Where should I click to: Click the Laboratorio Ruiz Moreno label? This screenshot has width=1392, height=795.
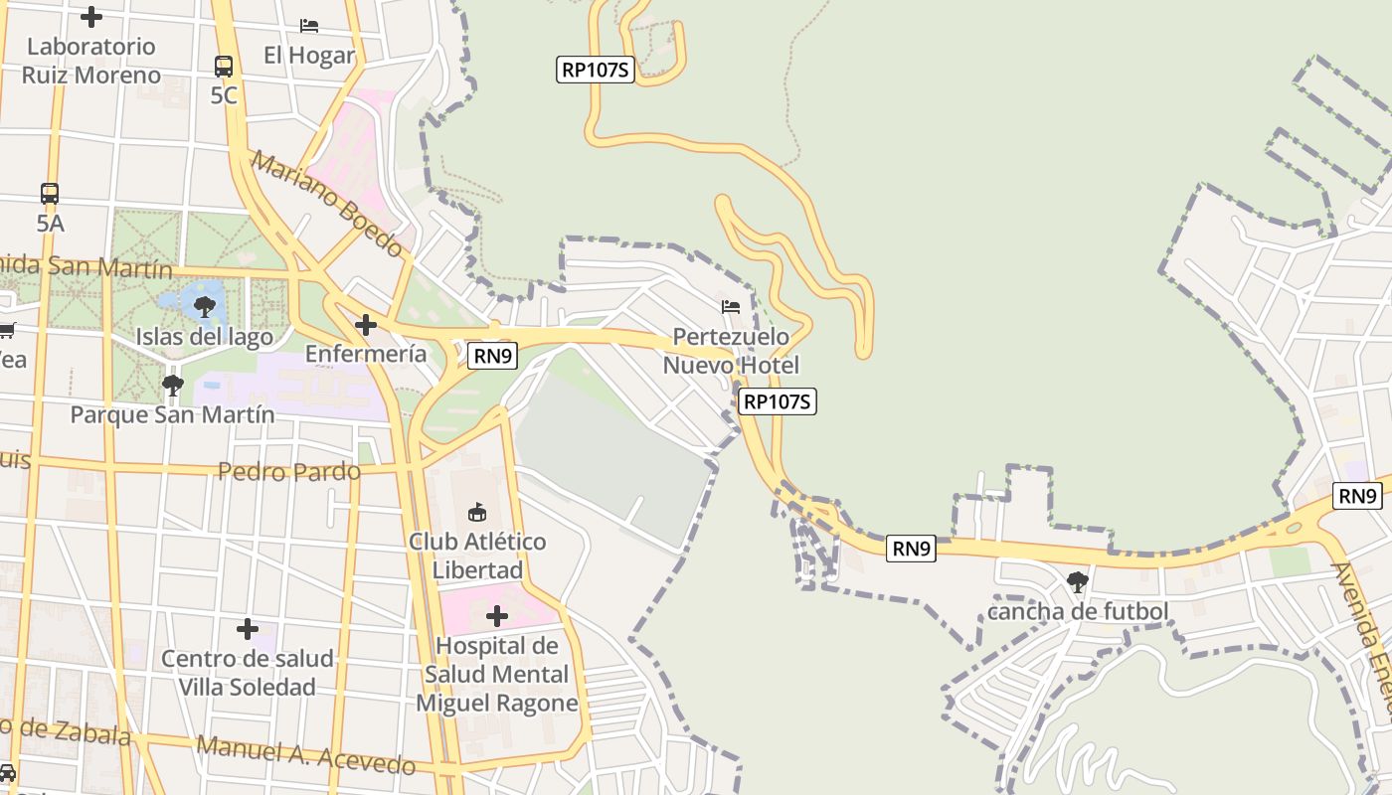(x=90, y=61)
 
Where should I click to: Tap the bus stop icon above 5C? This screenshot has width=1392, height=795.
(x=224, y=67)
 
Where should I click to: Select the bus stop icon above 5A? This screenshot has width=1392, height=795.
(x=50, y=194)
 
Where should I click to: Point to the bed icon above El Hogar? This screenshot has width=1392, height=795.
(x=309, y=25)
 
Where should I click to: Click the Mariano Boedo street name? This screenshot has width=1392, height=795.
(x=327, y=204)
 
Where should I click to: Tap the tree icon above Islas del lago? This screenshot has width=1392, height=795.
(x=205, y=306)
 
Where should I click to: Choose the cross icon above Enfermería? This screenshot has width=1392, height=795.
(x=366, y=325)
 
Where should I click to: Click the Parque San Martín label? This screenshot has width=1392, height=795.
(x=172, y=414)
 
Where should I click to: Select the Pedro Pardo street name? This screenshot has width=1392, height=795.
(x=289, y=471)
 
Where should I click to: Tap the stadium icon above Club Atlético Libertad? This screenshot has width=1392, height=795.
(x=477, y=513)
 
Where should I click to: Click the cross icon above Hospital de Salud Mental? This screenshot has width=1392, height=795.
(x=497, y=617)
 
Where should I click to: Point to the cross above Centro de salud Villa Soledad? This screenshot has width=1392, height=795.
(x=248, y=629)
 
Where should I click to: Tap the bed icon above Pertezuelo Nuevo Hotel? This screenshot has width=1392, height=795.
(x=731, y=306)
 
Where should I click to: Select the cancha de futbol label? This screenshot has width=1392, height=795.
(x=1078, y=611)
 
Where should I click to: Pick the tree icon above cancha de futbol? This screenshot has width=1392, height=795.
(x=1077, y=582)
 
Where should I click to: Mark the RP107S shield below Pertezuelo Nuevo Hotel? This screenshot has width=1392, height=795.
(x=779, y=401)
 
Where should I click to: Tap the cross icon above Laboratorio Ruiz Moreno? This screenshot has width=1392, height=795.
(x=91, y=17)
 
